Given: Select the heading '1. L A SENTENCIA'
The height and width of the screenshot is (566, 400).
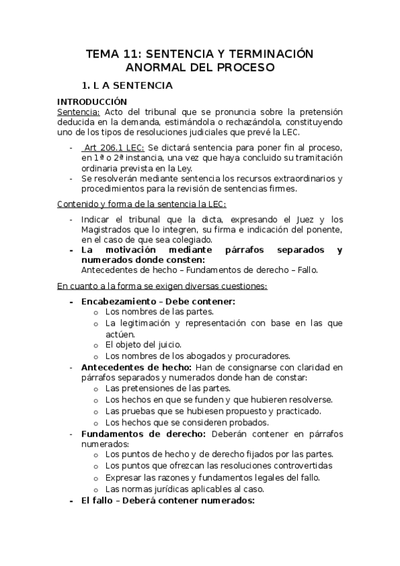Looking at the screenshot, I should [x=127, y=85].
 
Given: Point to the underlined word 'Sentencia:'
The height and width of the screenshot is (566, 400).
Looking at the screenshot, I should [x=78, y=111].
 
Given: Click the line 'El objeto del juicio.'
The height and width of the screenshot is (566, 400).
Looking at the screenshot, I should [x=143, y=344].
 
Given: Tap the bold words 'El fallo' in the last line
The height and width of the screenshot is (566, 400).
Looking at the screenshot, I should [x=95, y=499].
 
